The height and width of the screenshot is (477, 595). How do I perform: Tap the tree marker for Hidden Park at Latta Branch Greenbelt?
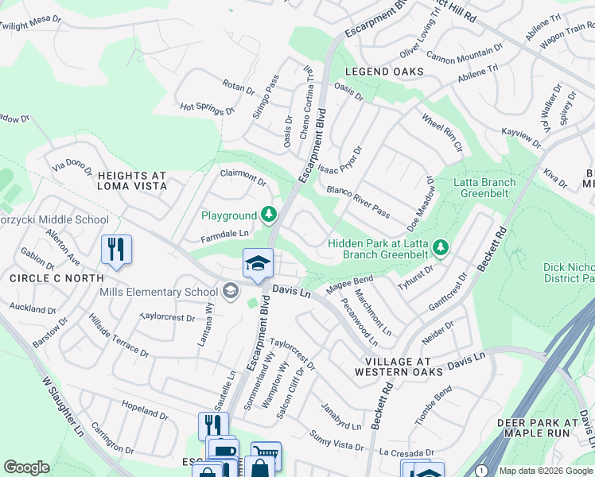coord(440,249)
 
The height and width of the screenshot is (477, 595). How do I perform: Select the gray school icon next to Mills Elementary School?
coord(231,292)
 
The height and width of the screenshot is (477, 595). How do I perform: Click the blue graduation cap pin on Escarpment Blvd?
coord(259,265)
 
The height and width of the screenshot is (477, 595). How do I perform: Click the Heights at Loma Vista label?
coord(131,180)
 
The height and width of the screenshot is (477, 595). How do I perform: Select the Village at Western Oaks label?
coord(392,366)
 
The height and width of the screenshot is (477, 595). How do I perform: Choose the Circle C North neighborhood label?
coord(56,278)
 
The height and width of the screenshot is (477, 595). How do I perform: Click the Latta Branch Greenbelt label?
coord(484,188)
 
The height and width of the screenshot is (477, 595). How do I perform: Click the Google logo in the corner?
coord(27,467)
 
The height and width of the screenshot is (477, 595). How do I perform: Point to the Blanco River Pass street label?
coord(358,202)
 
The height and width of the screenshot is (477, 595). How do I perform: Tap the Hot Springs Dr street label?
coord(207,108)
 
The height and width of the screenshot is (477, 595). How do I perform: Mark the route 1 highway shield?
coord(482,471)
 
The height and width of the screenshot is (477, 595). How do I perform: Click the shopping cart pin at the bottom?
coord(266,456)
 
